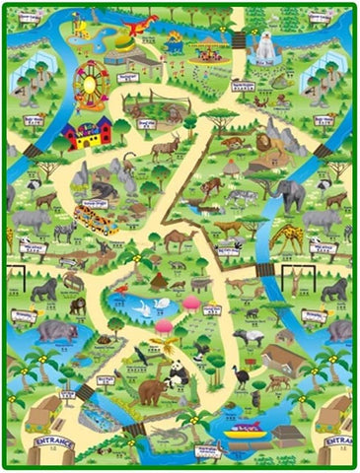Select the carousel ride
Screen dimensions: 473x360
click(x=208, y=49)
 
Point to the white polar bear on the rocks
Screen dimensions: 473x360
click(x=265, y=43)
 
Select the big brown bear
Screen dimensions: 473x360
click(x=152, y=392)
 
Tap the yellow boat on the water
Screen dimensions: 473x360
click(x=246, y=429)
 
